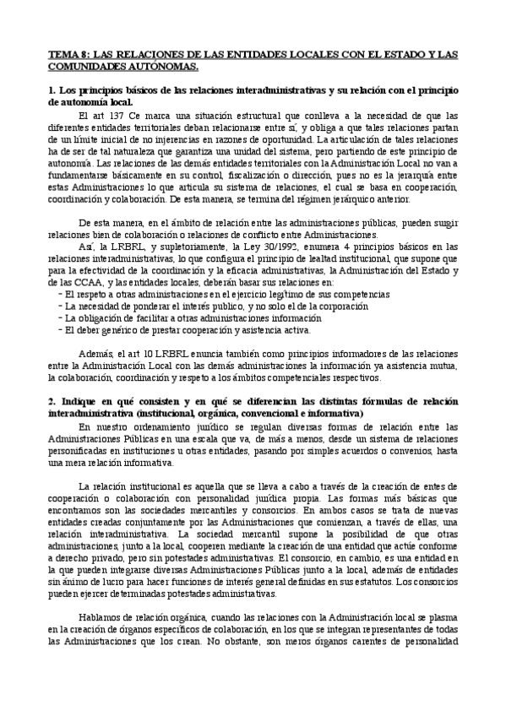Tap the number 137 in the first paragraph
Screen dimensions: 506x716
click(114, 115)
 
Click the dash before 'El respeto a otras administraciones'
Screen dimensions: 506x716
click(57, 293)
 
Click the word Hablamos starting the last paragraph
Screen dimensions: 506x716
click(99, 616)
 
